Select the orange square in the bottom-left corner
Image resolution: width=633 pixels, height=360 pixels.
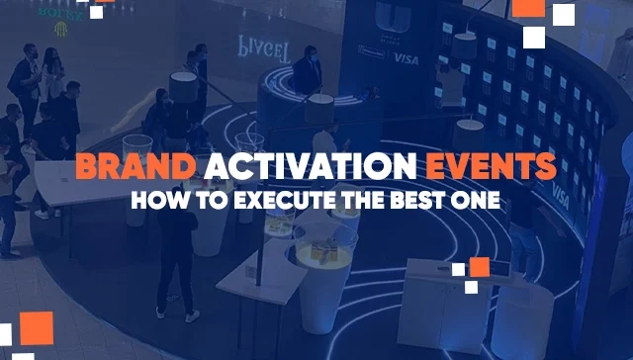pos(37,327)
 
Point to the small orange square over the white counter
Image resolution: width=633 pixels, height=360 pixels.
pos(479,266)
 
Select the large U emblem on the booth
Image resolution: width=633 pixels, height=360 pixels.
pos(387,19)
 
